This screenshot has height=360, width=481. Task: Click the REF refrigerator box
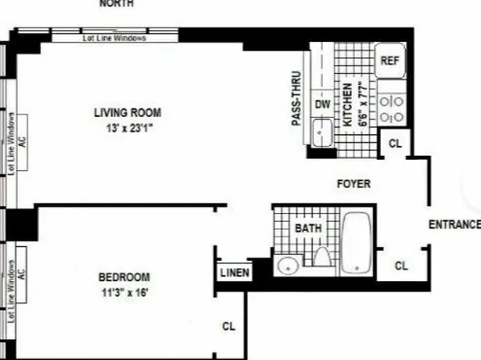click(x=391, y=60)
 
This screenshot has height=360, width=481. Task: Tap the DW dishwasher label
click(x=322, y=104)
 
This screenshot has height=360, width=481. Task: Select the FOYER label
click(x=353, y=184)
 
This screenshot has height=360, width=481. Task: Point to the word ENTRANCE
click(x=454, y=224)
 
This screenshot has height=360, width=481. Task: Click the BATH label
click(x=307, y=228)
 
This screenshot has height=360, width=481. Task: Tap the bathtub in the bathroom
click(x=357, y=242)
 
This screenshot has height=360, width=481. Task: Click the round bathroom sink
click(x=287, y=266)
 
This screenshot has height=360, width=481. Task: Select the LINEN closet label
click(x=234, y=273)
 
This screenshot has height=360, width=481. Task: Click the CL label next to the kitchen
click(x=395, y=143)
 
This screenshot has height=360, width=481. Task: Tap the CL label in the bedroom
click(x=228, y=326)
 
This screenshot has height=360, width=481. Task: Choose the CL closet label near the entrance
click(x=402, y=265)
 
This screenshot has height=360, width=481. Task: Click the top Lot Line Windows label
click(x=115, y=38)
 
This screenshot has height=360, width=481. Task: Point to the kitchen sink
click(x=321, y=129)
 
